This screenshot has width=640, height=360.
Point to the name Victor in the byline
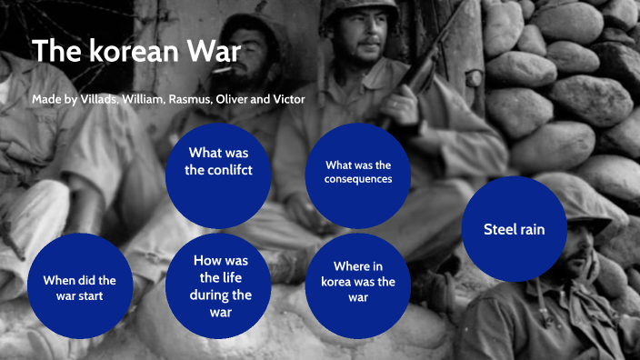coord(284,99)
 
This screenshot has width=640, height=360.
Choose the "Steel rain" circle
coord(515,229)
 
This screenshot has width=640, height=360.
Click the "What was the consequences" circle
coord(358,173)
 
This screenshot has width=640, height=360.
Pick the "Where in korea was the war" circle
coord(358,282)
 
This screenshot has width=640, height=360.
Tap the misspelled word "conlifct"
coord(218,170)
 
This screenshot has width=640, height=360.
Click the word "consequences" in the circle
coord(358,179)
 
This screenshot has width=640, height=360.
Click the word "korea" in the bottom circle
coord(338,282)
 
